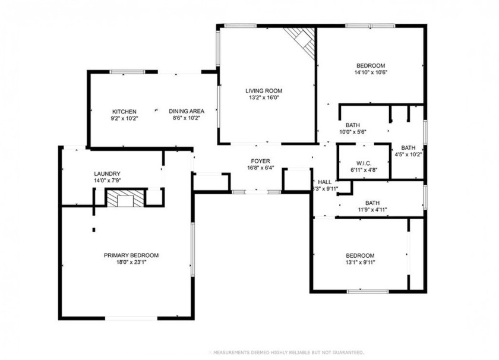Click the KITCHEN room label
125,111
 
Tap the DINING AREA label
187,111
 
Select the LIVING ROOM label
264,91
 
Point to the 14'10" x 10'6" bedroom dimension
371,73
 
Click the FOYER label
260,161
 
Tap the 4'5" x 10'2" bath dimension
408,155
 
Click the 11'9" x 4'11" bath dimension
372,209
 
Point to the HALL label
325,182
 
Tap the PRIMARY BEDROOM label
131,255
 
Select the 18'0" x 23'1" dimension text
131,263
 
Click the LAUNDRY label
107,173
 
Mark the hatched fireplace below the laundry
125,198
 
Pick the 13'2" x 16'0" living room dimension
264,98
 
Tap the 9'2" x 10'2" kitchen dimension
125,118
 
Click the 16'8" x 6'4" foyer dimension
260,168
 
